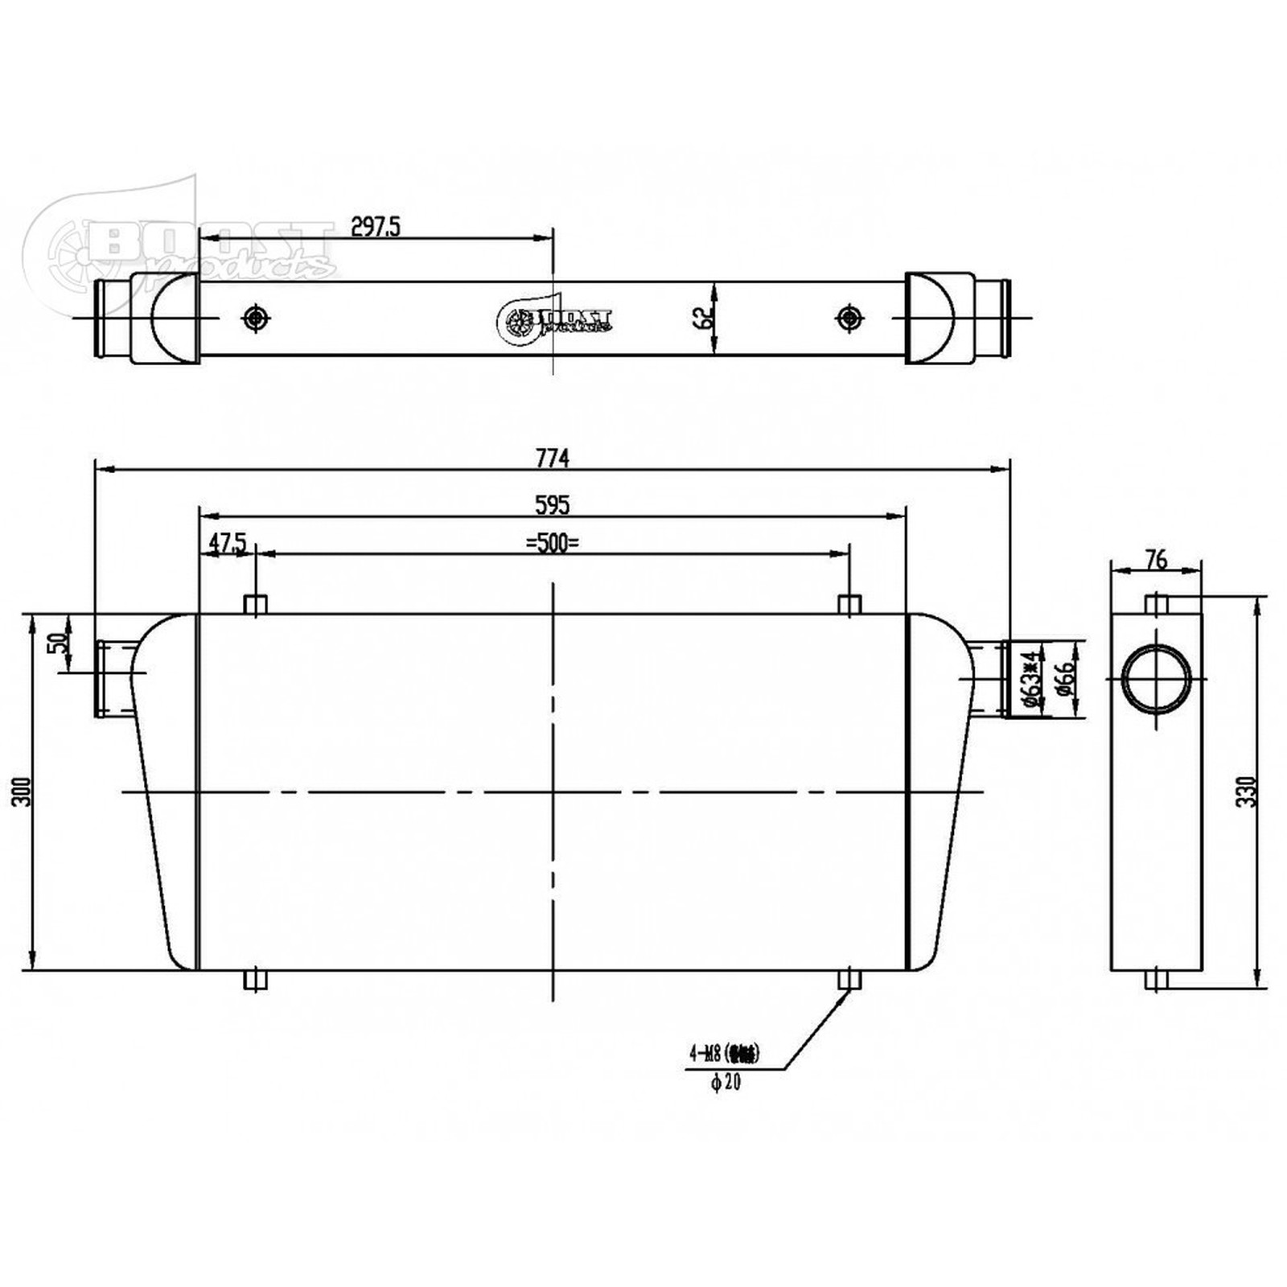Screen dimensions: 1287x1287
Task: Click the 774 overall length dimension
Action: [553, 458]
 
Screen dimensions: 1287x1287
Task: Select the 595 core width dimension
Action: [553, 505]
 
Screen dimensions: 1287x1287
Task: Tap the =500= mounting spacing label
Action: [553, 544]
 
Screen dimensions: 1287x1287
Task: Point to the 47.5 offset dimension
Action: [227, 544]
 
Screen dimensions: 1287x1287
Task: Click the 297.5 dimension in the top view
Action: [376, 227]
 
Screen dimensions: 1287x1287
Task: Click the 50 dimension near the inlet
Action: [57, 643]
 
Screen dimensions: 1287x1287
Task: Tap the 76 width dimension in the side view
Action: [1156, 559]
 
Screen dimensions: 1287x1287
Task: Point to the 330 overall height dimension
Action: [1246, 792]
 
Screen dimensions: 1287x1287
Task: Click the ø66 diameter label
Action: [1064, 679]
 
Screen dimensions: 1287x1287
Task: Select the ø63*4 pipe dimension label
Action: [1031, 679]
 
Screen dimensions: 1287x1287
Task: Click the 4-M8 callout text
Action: [724, 1052]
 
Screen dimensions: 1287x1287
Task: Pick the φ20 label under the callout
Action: [726, 1083]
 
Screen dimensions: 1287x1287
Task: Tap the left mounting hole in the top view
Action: [256, 319]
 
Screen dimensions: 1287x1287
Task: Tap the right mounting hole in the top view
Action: [849, 319]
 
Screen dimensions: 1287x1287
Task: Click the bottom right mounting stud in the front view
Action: [849, 979]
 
